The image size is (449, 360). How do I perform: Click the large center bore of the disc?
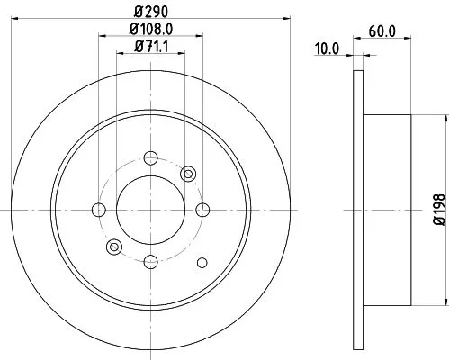point(150,210)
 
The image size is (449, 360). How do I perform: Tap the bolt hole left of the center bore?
point(99,210)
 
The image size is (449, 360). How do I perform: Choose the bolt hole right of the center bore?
point(202,210)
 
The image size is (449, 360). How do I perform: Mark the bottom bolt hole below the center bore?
point(150,261)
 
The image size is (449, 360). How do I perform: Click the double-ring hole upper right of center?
point(188,174)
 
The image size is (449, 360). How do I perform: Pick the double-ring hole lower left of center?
point(113,247)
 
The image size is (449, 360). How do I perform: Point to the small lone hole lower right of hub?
point(202,262)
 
